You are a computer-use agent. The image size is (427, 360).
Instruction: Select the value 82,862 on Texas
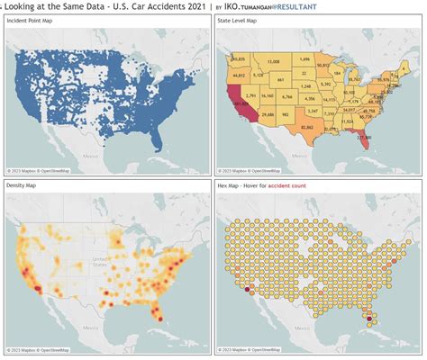307,129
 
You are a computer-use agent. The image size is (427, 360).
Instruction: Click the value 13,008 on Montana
275,61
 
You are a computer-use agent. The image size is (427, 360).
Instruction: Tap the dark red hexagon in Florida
367,316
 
